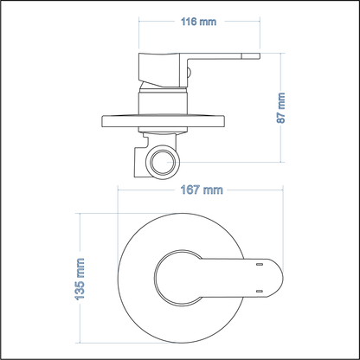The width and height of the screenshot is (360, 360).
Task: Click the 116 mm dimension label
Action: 198,22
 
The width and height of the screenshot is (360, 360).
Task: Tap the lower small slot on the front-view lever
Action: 261,291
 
